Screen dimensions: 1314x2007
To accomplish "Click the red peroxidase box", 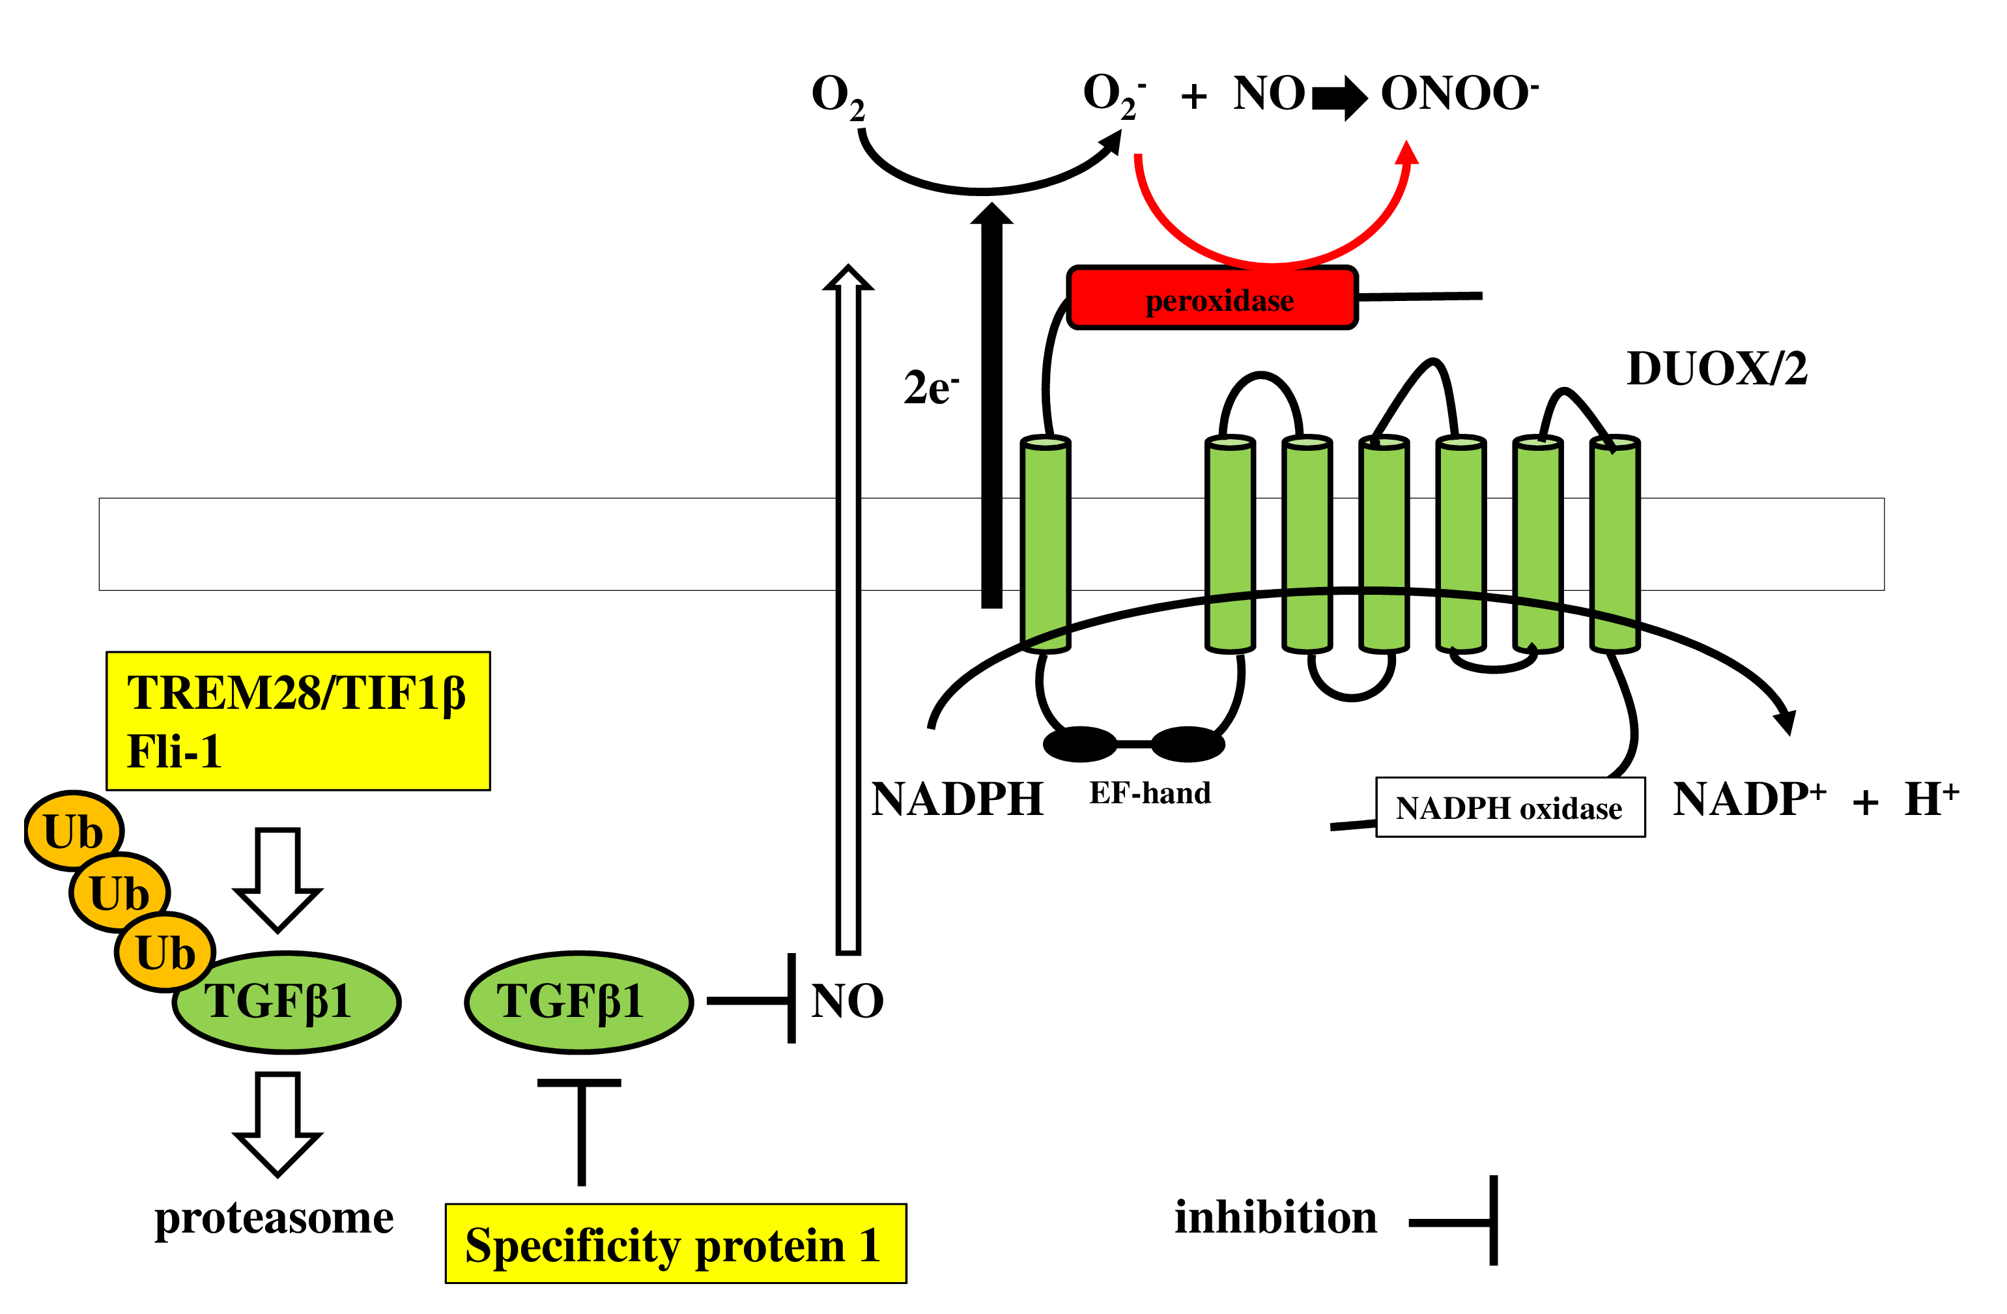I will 1212,298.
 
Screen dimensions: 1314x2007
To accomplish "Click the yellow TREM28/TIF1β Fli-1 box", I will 298,721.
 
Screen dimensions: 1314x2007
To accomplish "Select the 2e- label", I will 930,388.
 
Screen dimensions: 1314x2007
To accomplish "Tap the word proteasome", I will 274,1217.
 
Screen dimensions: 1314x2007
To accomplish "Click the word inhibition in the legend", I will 1275,1217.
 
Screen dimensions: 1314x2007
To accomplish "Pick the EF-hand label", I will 1149,793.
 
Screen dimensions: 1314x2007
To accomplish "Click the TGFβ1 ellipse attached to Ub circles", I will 287,1002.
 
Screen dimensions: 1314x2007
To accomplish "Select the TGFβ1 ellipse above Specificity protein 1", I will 578,1002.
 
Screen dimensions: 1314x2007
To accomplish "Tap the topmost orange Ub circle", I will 74,831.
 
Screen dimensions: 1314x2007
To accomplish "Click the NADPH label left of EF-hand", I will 957,799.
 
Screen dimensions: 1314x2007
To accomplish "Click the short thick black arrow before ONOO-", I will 1339,98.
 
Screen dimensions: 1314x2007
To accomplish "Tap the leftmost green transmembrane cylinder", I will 1046,544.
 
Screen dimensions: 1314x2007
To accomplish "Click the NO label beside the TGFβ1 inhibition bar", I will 847,1001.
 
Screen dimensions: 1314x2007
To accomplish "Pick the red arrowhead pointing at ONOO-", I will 1406,154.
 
